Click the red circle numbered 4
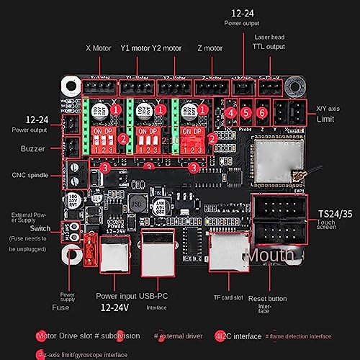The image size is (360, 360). point(230,112)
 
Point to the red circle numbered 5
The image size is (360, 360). point(246,112)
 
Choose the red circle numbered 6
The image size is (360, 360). point(262,112)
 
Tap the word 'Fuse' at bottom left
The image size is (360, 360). point(61,307)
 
